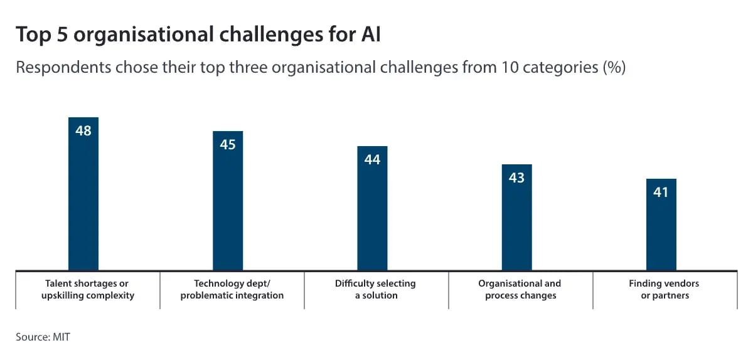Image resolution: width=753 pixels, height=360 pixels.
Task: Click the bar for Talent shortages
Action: [x=83, y=201]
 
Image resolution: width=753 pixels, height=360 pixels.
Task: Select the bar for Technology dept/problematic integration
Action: [x=228, y=207]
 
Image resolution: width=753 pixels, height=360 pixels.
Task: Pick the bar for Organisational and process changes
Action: [x=516, y=223]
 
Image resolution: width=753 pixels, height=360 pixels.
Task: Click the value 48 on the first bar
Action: [x=83, y=131]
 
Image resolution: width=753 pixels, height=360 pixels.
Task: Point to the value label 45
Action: [x=228, y=145]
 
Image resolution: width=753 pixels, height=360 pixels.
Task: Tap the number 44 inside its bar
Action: [x=372, y=160]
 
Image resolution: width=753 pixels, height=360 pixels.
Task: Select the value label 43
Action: [x=516, y=178]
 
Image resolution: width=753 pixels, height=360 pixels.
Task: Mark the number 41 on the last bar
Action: [x=661, y=193]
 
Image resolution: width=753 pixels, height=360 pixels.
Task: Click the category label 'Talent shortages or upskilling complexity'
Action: [x=88, y=289]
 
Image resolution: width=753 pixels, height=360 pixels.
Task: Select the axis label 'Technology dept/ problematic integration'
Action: [x=232, y=289]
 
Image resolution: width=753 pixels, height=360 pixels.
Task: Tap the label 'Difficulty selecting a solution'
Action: [x=375, y=289]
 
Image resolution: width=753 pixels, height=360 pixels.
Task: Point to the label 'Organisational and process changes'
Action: [x=520, y=289]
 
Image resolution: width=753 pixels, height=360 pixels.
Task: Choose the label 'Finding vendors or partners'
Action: [x=664, y=289]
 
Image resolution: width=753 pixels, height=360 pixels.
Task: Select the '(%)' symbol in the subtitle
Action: [x=614, y=68]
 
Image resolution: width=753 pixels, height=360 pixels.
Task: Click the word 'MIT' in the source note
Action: [x=61, y=337]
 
